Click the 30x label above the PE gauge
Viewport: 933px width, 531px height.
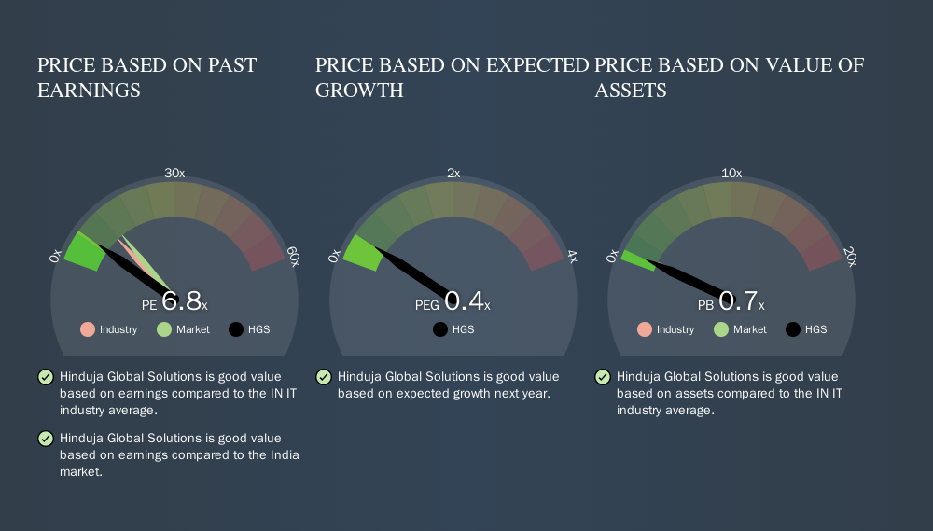(174, 174)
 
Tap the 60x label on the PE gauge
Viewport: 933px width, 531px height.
(293, 257)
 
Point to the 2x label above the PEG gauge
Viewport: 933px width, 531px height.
(453, 174)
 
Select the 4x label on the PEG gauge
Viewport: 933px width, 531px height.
(572, 257)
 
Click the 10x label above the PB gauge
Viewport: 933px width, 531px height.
(731, 174)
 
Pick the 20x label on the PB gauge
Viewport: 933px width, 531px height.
(850, 257)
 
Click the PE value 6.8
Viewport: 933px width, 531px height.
(182, 301)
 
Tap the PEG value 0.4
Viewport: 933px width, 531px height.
(464, 301)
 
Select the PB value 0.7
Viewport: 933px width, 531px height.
(738, 301)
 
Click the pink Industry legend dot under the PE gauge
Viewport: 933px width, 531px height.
(88, 329)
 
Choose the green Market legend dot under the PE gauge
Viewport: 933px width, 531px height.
(164, 329)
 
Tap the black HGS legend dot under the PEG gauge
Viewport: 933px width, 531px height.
(440, 329)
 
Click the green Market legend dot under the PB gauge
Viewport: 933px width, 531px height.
(721, 329)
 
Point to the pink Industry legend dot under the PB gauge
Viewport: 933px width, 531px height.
(645, 329)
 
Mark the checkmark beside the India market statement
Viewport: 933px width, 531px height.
(46, 439)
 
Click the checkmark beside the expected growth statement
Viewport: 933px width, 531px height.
(324, 377)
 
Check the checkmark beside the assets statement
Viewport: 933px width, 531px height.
(603, 377)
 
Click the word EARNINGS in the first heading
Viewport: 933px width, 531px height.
(90, 91)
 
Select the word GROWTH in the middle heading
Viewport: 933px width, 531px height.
(359, 91)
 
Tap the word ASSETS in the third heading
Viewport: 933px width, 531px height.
(631, 91)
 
